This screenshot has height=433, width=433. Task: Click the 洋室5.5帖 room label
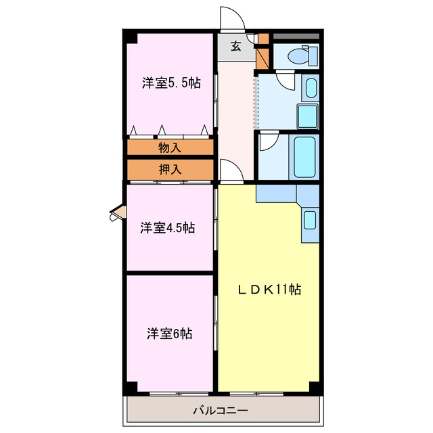point(170,83)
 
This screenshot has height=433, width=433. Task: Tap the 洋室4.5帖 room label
point(168,228)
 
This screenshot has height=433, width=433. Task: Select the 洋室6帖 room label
point(170,334)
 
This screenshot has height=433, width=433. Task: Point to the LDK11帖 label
point(269,290)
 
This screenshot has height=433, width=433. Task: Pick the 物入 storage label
point(170,147)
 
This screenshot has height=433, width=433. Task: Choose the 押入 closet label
point(170,170)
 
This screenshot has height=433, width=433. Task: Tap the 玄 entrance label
point(236,46)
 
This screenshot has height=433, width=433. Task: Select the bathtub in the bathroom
point(305,157)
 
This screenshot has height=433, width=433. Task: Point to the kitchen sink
point(309,220)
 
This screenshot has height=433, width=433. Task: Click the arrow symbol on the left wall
point(116,214)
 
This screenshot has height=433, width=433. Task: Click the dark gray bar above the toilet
point(296,35)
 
